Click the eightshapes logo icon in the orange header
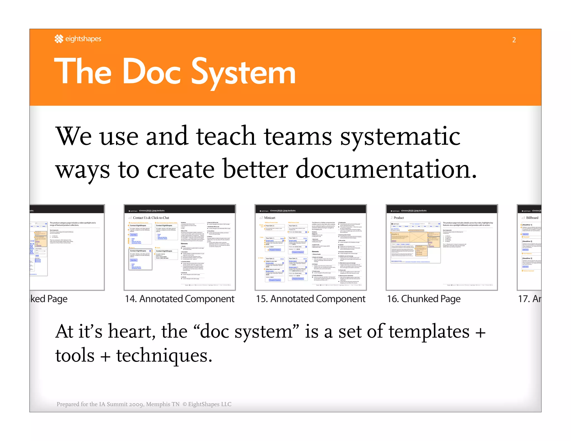(x=59, y=39)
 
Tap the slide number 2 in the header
(x=514, y=40)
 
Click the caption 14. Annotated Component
(x=180, y=299)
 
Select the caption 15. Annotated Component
(x=311, y=299)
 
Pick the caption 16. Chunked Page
(x=424, y=299)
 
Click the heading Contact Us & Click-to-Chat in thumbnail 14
(x=151, y=218)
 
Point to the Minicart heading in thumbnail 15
(x=270, y=218)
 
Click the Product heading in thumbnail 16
(x=399, y=218)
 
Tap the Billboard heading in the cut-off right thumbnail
(x=532, y=218)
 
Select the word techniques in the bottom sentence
(x=164, y=356)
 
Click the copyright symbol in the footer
(x=185, y=404)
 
